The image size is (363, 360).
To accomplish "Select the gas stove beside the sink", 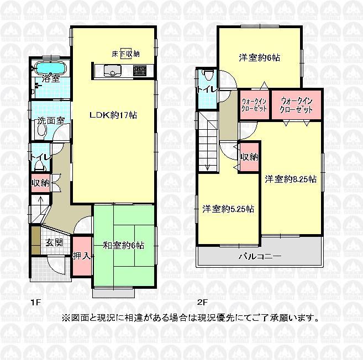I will (x=138, y=71).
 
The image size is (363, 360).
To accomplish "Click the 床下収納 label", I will (x=125, y=54).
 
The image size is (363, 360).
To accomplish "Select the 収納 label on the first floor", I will (x=40, y=183).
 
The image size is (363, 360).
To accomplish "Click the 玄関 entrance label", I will (x=54, y=242).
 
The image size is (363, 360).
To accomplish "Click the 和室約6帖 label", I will (x=123, y=245).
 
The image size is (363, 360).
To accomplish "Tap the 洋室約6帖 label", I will (x=259, y=57).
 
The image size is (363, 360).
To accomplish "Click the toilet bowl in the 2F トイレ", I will (x=208, y=76).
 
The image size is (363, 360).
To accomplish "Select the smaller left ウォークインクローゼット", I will (x=254, y=105).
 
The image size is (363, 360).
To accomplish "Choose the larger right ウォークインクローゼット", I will (x=297, y=105).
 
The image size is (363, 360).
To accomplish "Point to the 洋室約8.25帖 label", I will (x=290, y=178).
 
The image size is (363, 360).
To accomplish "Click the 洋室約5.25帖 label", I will (x=228, y=209).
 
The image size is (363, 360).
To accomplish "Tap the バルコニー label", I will (x=260, y=257).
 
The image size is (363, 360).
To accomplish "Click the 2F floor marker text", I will (x=202, y=302).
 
